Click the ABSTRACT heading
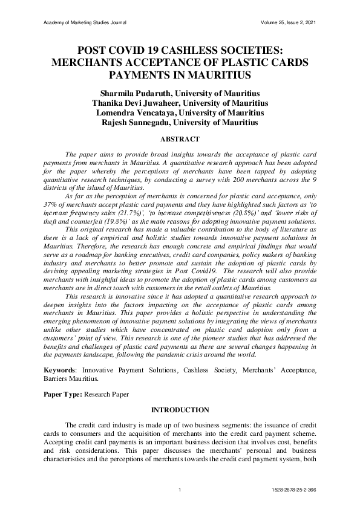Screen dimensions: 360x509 pyautogui.click(x=180, y=139)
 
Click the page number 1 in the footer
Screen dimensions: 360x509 pyautogui.click(x=180, y=489)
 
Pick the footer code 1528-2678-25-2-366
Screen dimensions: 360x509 pyautogui.click(x=295, y=489)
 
